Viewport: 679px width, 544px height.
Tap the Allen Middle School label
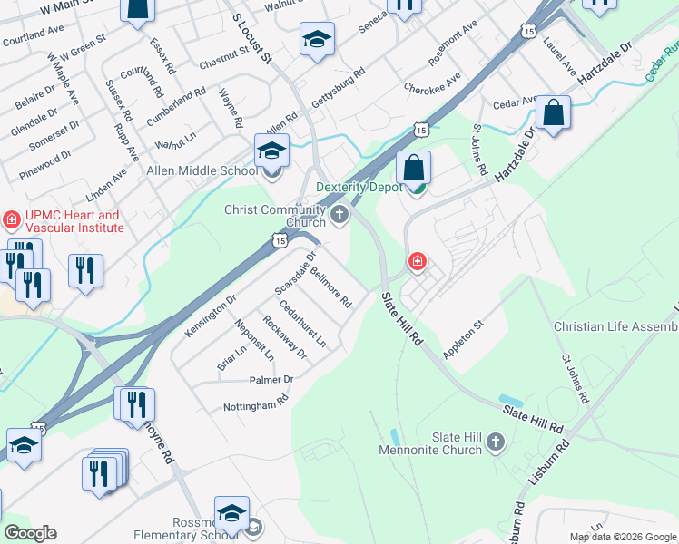pyautogui.click(x=201, y=170)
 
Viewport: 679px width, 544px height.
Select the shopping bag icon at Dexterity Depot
pyautogui.click(x=413, y=168)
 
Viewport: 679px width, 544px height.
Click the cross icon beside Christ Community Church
pyautogui.click(x=339, y=214)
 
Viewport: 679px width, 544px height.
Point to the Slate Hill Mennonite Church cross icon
pyautogui.click(x=495, y=442)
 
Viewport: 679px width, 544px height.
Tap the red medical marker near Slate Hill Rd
pyautogui.click(x=417, y=262)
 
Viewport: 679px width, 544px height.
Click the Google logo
pyautogui.click(x=30, y=533)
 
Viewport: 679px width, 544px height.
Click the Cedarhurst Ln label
pyautogui.click(x=303, y=324)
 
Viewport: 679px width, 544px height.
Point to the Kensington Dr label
pyautogui.click(x=212, y=311)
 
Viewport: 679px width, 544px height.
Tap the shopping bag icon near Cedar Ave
pyautogui.click(x=552, y=112)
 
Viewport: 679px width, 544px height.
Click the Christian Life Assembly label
pyautogui.click(x=615, y=326)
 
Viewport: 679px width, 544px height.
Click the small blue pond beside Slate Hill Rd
pyautogui.click(x=510, y=400)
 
